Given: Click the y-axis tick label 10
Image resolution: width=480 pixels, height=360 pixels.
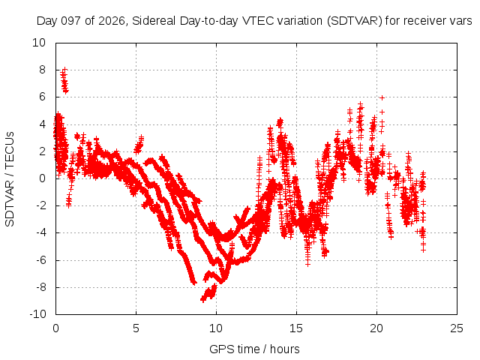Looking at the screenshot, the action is (x=39, y=43).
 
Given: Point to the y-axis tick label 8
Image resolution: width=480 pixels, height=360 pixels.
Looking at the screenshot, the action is (x=42, y=70).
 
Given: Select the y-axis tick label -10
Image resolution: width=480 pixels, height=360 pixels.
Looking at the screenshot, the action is (x=37, y=314).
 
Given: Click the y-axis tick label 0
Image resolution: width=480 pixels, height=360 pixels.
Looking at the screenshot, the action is (x=42, y=178).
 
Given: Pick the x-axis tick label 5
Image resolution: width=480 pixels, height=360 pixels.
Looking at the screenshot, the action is (x=136, y=328).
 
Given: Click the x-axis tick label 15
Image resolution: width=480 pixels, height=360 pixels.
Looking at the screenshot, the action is (x=296, y=328).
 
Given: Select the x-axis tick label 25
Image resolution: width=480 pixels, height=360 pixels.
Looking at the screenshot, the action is (x=457, y=328).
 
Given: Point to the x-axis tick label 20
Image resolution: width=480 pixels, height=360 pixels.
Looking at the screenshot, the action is (x=376, y=328).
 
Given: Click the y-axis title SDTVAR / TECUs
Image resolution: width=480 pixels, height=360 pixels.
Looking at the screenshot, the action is (x=10, y=179).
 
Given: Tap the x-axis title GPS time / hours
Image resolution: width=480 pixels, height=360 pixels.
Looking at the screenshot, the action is (x=254, y=349).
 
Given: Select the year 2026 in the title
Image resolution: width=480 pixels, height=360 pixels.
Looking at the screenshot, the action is (x=112, y=21).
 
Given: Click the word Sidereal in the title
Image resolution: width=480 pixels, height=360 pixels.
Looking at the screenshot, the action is (x=154, y=21).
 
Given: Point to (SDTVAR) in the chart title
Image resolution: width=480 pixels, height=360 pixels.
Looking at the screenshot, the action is (x=355, y=21).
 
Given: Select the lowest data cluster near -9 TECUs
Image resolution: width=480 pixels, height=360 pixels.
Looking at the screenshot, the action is (x=208, y=293).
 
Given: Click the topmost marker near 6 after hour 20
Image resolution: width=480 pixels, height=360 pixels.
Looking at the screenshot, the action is (x=382, y=98).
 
